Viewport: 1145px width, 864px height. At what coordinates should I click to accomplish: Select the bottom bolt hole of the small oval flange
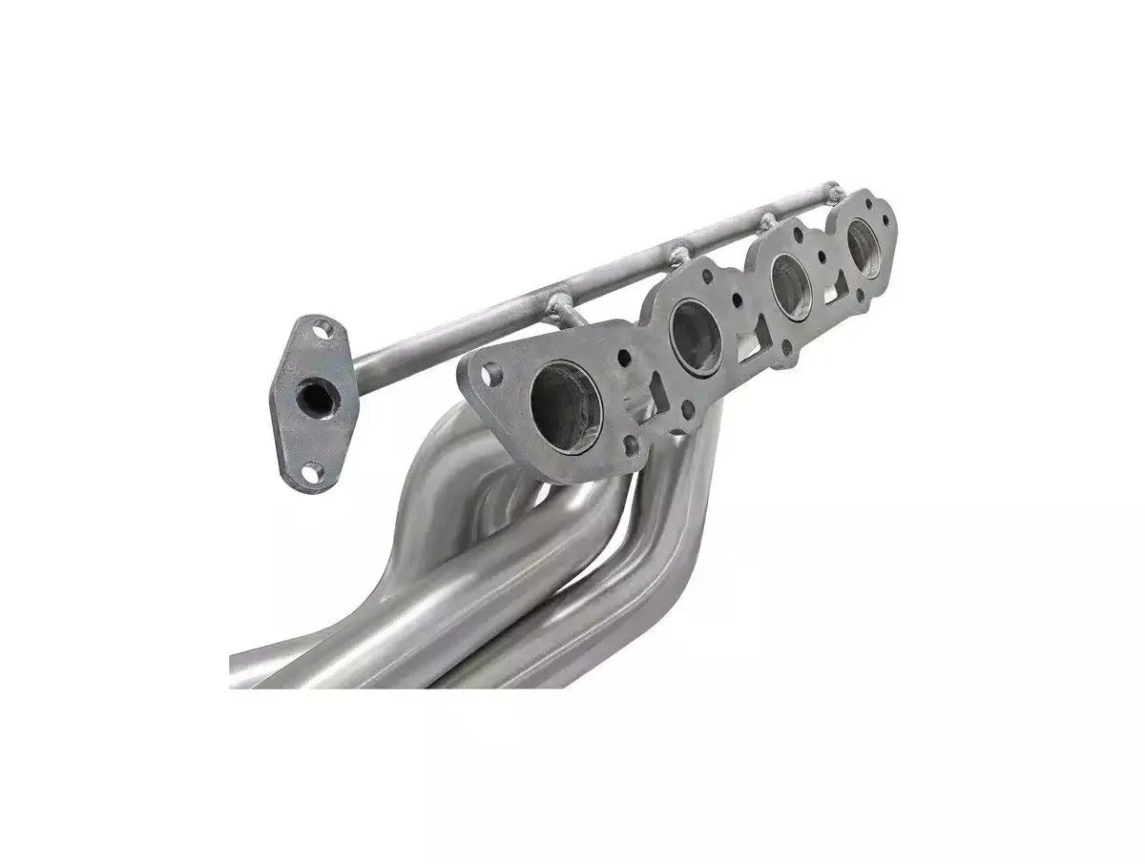(311, 469)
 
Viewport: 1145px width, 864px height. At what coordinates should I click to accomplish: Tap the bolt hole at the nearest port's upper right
(623, 359)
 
